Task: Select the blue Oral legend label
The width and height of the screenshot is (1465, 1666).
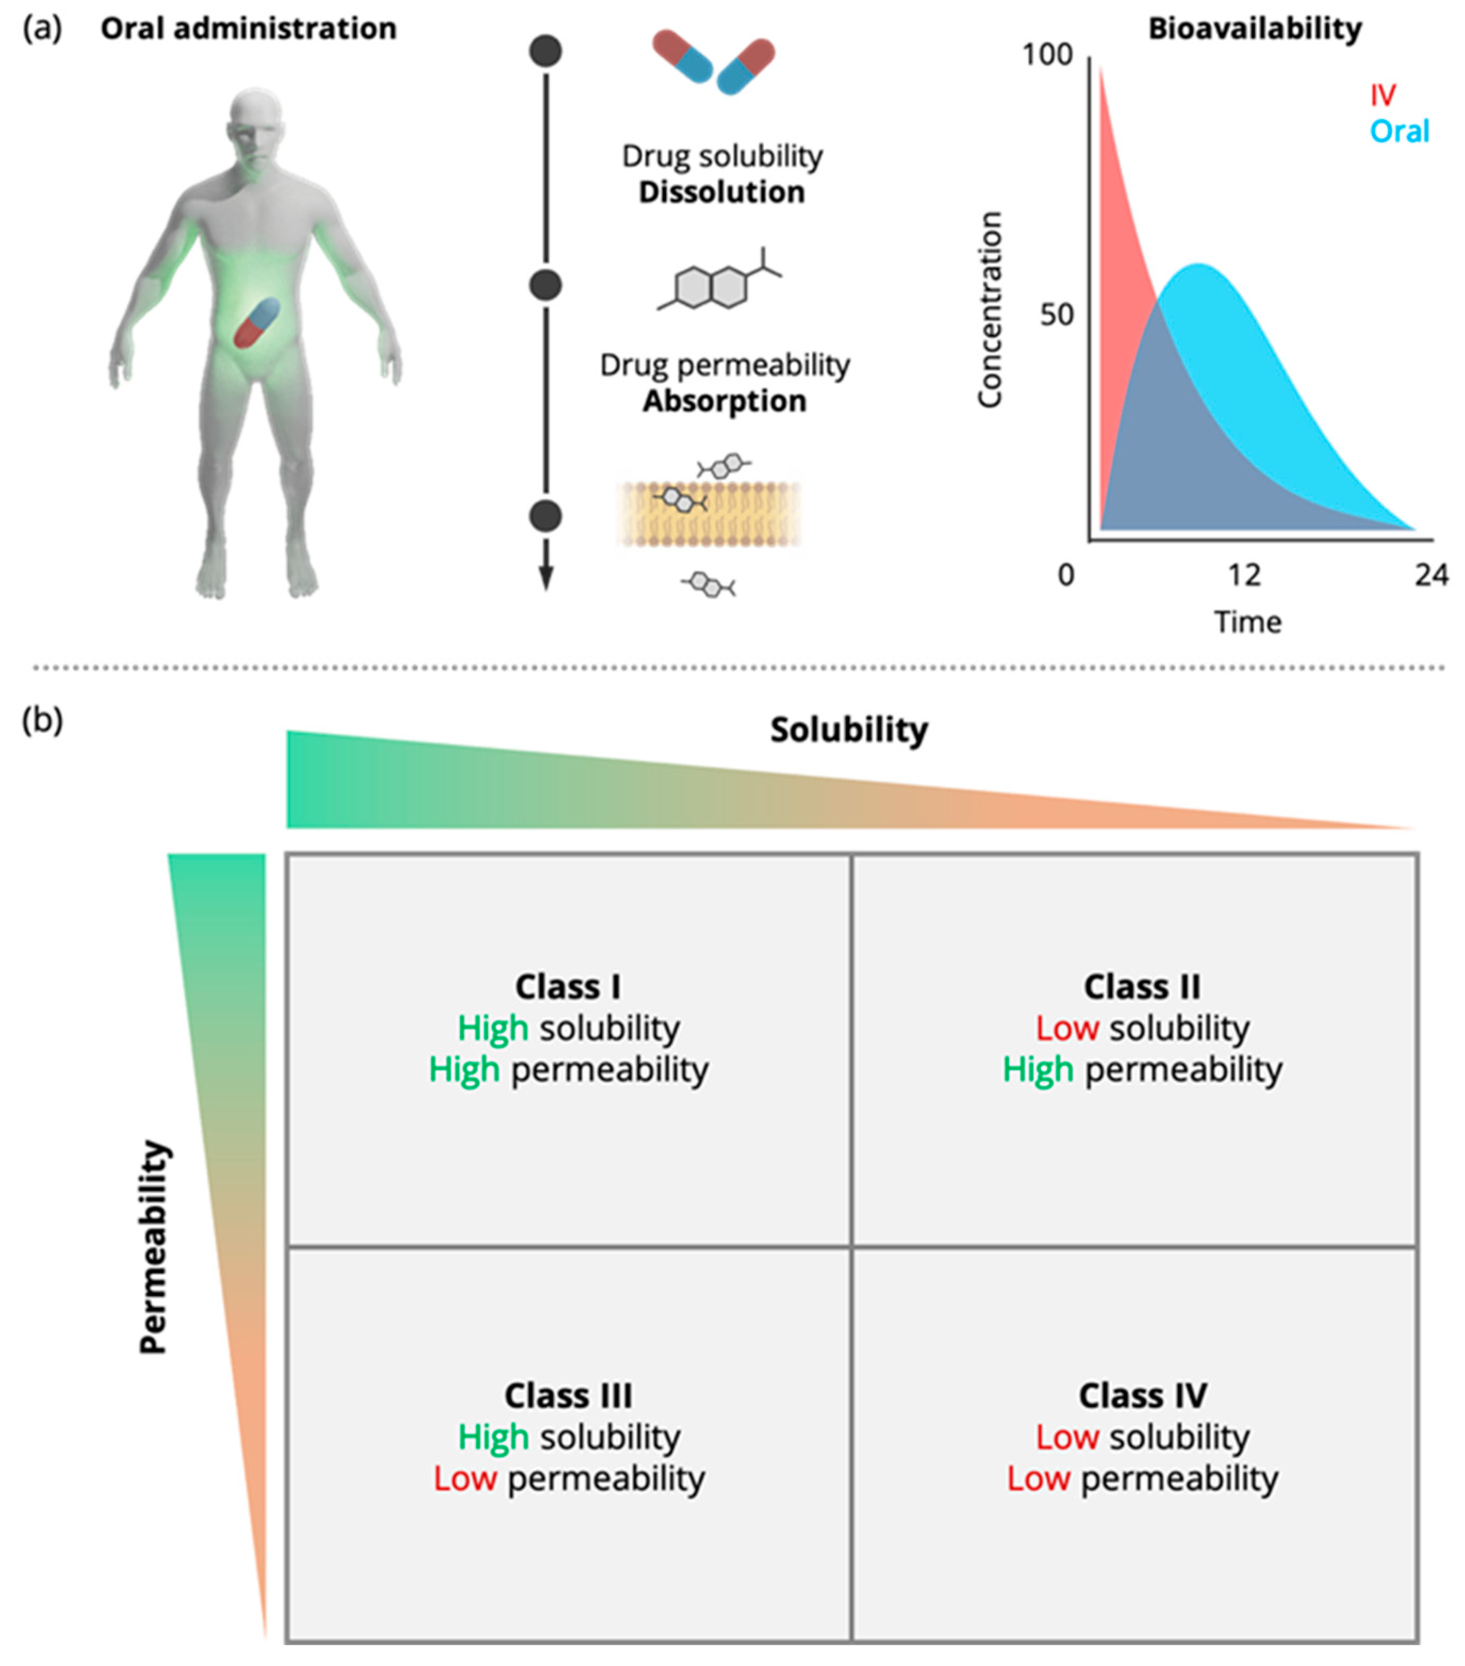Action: coord(1399,131)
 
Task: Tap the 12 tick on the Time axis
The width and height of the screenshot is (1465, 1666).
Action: coord(1244,575)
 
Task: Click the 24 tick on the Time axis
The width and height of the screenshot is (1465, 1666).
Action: coord(1431,575)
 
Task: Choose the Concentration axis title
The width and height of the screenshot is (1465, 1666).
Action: coord(990,310)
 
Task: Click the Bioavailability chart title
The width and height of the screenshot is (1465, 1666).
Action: coord(1255,29)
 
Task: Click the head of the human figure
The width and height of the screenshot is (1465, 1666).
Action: coord(256,122)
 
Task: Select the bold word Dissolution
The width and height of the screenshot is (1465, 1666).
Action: coord(722,193)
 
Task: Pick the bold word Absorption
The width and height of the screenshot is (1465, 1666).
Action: coord(724,401)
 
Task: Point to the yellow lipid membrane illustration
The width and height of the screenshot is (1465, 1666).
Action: coord(709,513)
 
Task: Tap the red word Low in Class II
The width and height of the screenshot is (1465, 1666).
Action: coord(1067,1029)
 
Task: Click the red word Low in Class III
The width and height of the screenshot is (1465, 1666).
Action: coord(465,1479)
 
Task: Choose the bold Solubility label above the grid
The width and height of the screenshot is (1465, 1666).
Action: coord(849,730)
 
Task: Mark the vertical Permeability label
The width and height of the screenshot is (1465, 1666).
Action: coord(154,1248)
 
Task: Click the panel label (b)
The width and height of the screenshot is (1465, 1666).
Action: coord(43,720)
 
